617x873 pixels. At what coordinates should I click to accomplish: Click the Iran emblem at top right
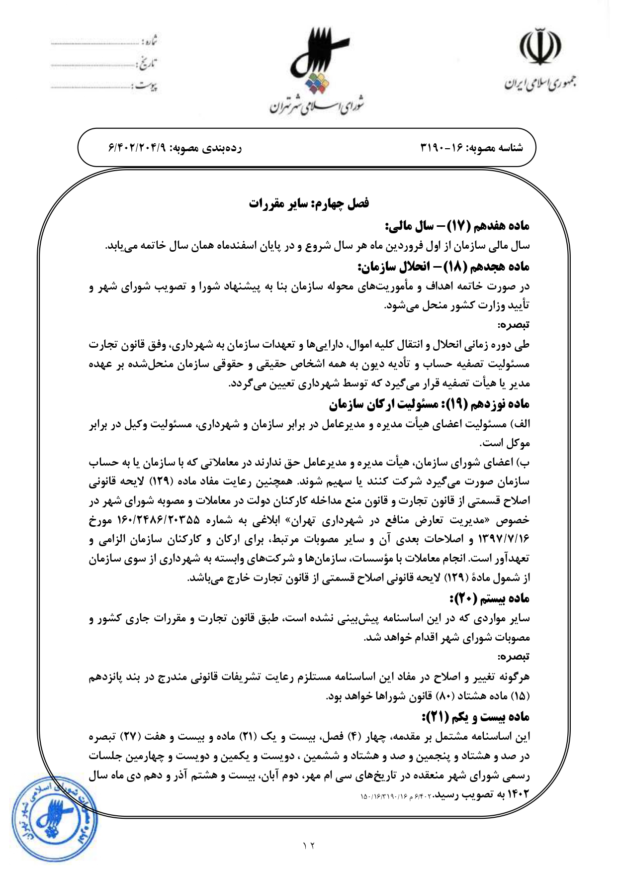point(540,47)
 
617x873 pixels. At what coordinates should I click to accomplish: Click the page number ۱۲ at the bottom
point(309,845)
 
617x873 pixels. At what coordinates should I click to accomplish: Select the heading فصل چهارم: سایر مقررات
point(309,204)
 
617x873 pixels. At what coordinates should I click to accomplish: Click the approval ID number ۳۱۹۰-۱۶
point(441,148)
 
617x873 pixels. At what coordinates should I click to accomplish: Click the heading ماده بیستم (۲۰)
point(489,598)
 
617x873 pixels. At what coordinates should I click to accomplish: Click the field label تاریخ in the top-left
point(147,64)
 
